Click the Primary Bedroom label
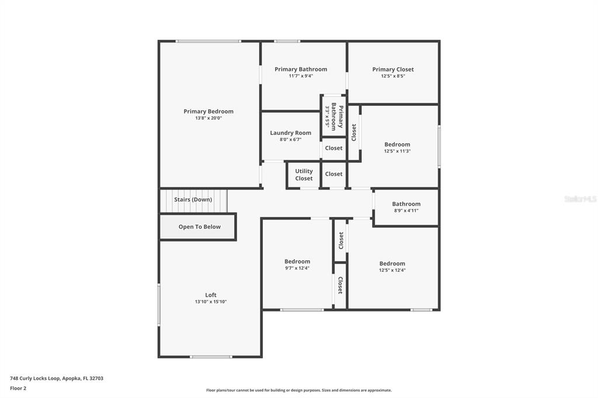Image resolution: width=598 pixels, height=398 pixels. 208,111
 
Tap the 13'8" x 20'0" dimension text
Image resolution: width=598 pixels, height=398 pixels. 208,118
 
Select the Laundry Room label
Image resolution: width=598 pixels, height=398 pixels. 291,132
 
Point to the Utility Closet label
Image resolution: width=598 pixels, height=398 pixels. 304,174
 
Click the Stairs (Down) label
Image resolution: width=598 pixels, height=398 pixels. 193,200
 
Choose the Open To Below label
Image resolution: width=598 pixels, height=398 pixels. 200,227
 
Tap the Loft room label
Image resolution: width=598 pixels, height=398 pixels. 211,295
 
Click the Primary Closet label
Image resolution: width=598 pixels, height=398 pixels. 393,69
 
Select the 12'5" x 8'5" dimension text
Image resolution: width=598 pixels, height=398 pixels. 393,76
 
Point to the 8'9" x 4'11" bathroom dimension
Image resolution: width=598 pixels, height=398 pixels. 406,211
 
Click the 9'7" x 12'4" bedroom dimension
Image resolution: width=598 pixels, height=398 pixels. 297,268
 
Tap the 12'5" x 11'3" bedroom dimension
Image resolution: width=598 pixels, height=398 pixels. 397,151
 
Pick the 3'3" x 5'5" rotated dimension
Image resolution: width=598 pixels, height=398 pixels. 327,116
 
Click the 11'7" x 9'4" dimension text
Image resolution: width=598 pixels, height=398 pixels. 301,76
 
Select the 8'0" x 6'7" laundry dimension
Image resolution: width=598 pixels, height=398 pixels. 291,139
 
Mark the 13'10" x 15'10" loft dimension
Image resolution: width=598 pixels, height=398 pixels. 211,302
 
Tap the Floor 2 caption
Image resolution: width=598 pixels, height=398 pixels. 18,389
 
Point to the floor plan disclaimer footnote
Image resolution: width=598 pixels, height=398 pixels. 299,390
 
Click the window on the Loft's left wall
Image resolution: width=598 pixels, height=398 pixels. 159,304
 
